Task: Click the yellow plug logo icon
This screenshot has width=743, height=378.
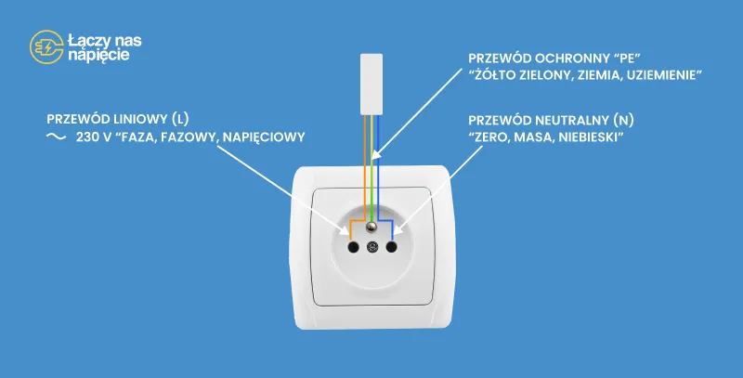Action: tap(46, 46)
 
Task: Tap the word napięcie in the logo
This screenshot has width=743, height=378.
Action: tap(98, 55)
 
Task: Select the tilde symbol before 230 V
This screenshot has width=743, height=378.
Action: tap(56, 137)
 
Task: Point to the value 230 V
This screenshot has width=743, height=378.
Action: tap(94, 137)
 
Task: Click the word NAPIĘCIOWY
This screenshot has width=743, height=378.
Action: tap(264, 137)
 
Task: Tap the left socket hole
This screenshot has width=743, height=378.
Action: tap(353, 247)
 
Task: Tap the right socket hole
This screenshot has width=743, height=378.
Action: tap(391, 247)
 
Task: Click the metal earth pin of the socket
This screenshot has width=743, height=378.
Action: tap(372, 228)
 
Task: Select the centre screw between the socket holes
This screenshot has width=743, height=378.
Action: tap(372, 247)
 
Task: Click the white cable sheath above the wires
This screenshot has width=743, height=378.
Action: tap(371, 85)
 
